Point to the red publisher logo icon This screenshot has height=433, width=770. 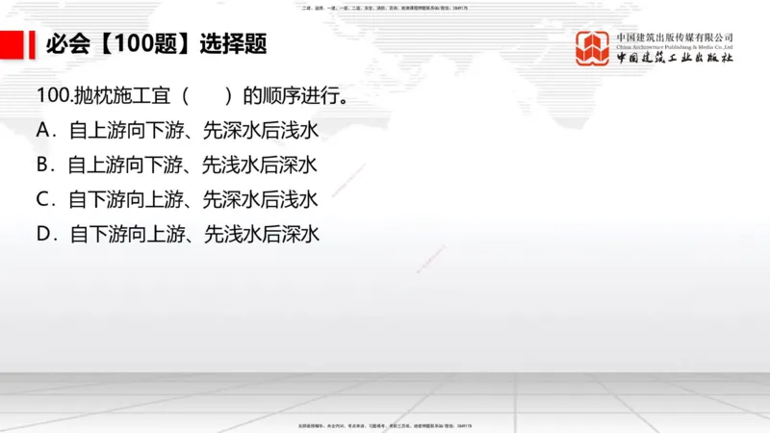click(x=594, y=48)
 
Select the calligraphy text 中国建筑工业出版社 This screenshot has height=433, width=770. click(x=676, y=58)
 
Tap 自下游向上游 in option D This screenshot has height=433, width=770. click(x=126, y=234)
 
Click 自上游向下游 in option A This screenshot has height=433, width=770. click(x=126, y=130)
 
